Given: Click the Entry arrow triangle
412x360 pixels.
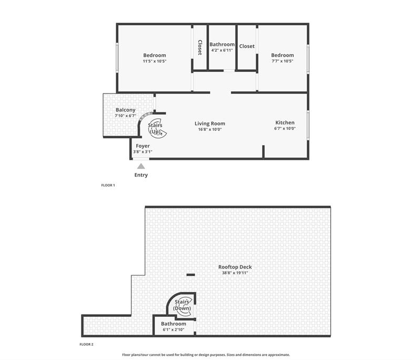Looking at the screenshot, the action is pyautogui.click(x=141, y=166).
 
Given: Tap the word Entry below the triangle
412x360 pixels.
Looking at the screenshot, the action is pyautogui.click(x=141, y=175).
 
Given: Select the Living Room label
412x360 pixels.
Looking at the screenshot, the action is pyautogui.click(x=210, y=124).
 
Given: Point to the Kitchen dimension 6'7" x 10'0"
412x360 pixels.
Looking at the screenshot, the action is pyautogui.click(x=285, y=128).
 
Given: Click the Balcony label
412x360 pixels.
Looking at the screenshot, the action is pyautogui.click(x=125, y=110).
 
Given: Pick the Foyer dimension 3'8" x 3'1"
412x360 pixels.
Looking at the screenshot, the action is pyautogui.click(x=143, y=151).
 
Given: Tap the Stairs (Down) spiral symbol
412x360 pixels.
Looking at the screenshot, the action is pyautogui.click(x=182, y=306).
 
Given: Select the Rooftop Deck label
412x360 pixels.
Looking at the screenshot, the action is pyautogui.click(x=235, y=267).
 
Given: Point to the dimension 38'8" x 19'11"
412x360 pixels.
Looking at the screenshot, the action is pyautogui.click(x=235, y=273).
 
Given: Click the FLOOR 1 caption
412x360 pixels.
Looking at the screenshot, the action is pyautogui.click(x=108, y=185).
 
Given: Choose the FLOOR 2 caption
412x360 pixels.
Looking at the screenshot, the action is pyautogui.click(x=87, y=344).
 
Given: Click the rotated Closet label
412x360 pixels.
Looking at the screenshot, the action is pyautogui.click(x=200, y=48).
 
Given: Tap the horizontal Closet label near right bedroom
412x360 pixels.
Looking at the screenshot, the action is pyautogui.click(x=247, y=46).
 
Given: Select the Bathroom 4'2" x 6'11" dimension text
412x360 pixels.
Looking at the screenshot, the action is pyautogui.click(x=222, y=50).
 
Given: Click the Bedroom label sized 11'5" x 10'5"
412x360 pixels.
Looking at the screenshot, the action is pyautogui.click(x=154, y=55).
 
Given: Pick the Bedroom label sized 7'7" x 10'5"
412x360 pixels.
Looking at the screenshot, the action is pyautogui.click(x=283, y=55).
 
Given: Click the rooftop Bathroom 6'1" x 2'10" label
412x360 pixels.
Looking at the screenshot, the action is pyautogui.click(x=173, y=324).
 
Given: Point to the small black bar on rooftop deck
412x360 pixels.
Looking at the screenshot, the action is pyautogui.click(x=191, y=275).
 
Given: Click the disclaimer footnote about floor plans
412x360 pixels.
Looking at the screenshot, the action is pyautogui.click(x=206, y=355).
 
